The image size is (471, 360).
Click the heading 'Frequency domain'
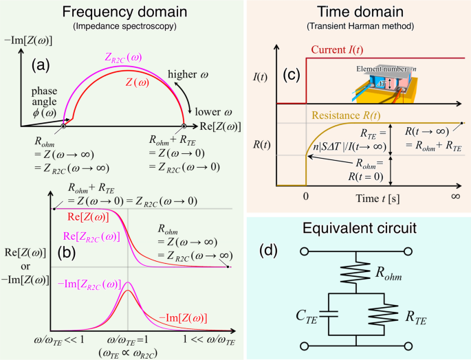point(122,13)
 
